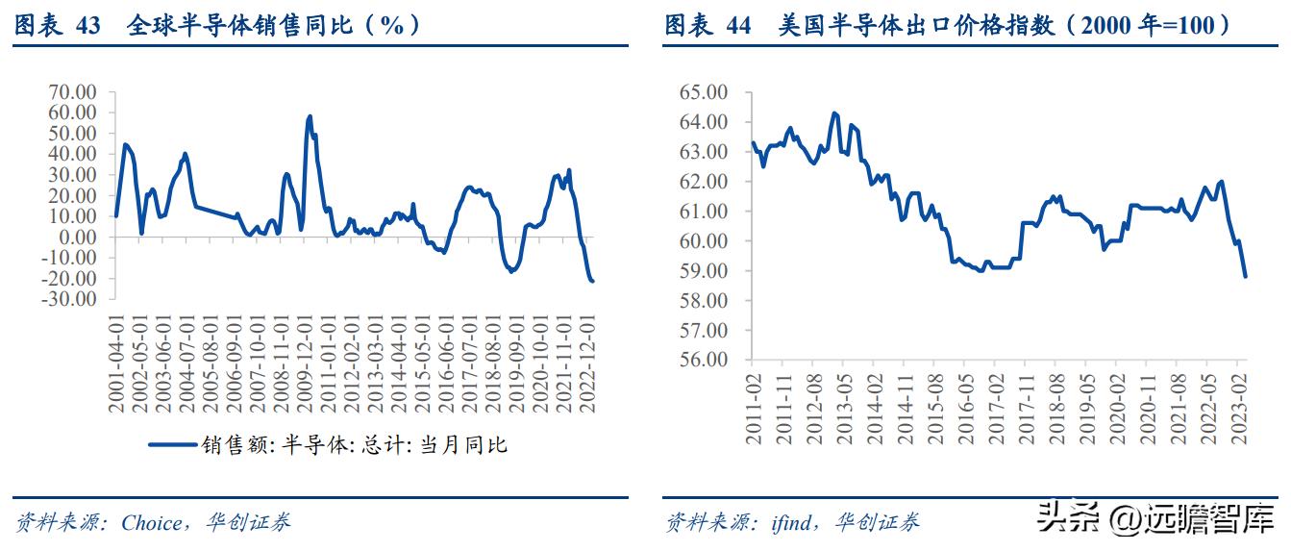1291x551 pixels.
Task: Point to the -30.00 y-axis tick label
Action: [73, 299]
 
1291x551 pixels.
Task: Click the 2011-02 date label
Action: [754, 408]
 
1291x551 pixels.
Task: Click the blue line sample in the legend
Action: [172, 445]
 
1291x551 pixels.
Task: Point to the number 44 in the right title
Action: [738, 26]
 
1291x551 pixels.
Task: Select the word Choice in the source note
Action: [151, 523]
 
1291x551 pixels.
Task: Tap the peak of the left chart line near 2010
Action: [310, 116]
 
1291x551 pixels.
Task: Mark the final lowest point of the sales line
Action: [592, 281]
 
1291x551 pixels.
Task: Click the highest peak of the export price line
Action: [833, 113]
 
